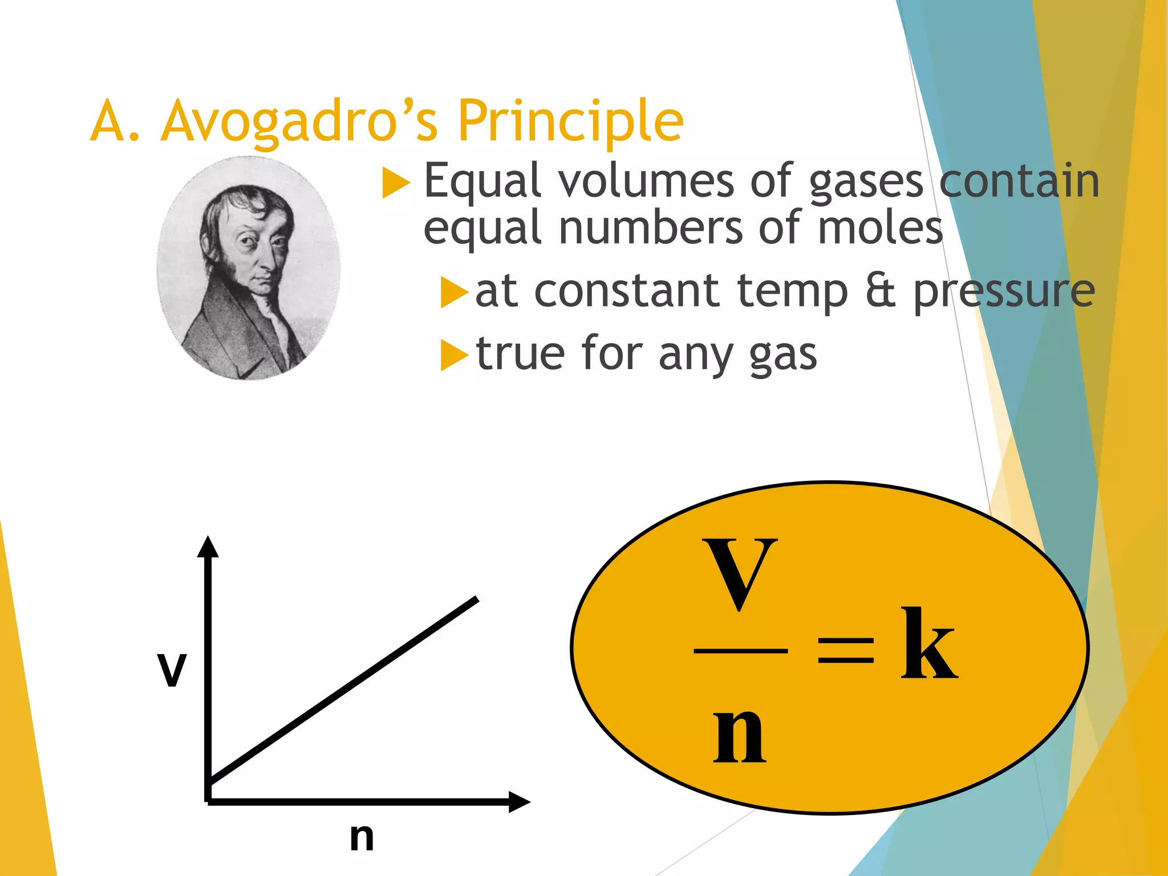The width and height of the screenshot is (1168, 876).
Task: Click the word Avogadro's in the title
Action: click(299, 121)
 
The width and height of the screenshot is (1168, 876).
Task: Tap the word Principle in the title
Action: click(570, 121)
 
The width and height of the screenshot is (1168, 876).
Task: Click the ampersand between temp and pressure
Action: click(881, 291)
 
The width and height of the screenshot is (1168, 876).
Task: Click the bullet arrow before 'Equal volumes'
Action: click(396, 184)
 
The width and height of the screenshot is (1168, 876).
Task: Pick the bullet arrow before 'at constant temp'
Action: click(453, 293)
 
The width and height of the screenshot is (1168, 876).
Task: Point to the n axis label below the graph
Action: click(362, 837)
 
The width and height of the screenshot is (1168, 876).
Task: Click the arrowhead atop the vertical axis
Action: click(208, 546)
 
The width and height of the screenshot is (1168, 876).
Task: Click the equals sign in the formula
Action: click(845, 650)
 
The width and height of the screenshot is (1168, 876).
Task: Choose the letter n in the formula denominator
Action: click(739, 736)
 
